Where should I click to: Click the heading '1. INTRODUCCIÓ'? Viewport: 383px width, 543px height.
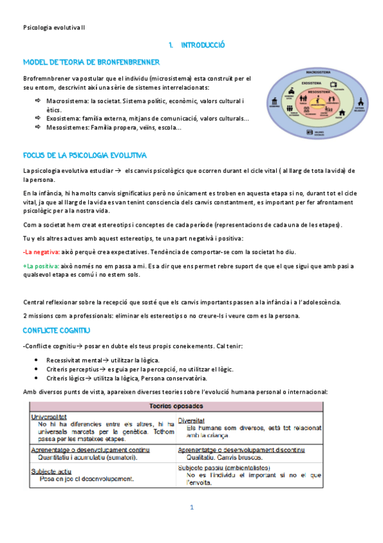coord(196,45)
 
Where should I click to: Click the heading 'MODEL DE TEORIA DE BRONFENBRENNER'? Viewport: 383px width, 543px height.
coord(91,62)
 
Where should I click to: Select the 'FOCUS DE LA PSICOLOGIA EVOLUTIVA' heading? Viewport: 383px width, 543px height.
coord(84,156)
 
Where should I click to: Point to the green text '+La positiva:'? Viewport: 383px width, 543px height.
coord(42,266)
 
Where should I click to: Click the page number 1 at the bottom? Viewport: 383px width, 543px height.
coord(191,507)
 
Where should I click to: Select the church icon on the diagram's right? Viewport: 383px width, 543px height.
coord(360,102)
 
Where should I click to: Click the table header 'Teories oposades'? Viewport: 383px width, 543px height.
coord(175,406)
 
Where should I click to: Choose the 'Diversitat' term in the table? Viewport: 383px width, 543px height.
coord(191,421)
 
